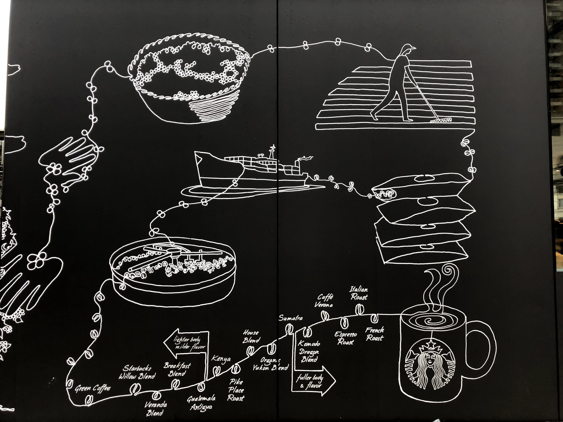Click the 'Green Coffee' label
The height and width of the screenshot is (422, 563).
(x=92, y=389)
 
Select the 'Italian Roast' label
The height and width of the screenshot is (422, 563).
(x=359, y=293)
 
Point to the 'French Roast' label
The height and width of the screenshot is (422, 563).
(x=374, y=334)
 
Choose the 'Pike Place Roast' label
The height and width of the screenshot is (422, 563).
(x=236, y=390)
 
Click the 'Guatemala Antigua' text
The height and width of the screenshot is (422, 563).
(x=202, y=403)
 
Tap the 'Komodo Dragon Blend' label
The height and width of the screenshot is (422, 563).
(x=309, y=352)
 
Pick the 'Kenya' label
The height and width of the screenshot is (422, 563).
(x=221, y=359)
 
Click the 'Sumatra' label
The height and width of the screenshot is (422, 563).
(x=291, y=318)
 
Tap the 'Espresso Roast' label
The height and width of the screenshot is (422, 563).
(x=346, y=338)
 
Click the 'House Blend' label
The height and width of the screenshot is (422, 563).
(x=251, y=336)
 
